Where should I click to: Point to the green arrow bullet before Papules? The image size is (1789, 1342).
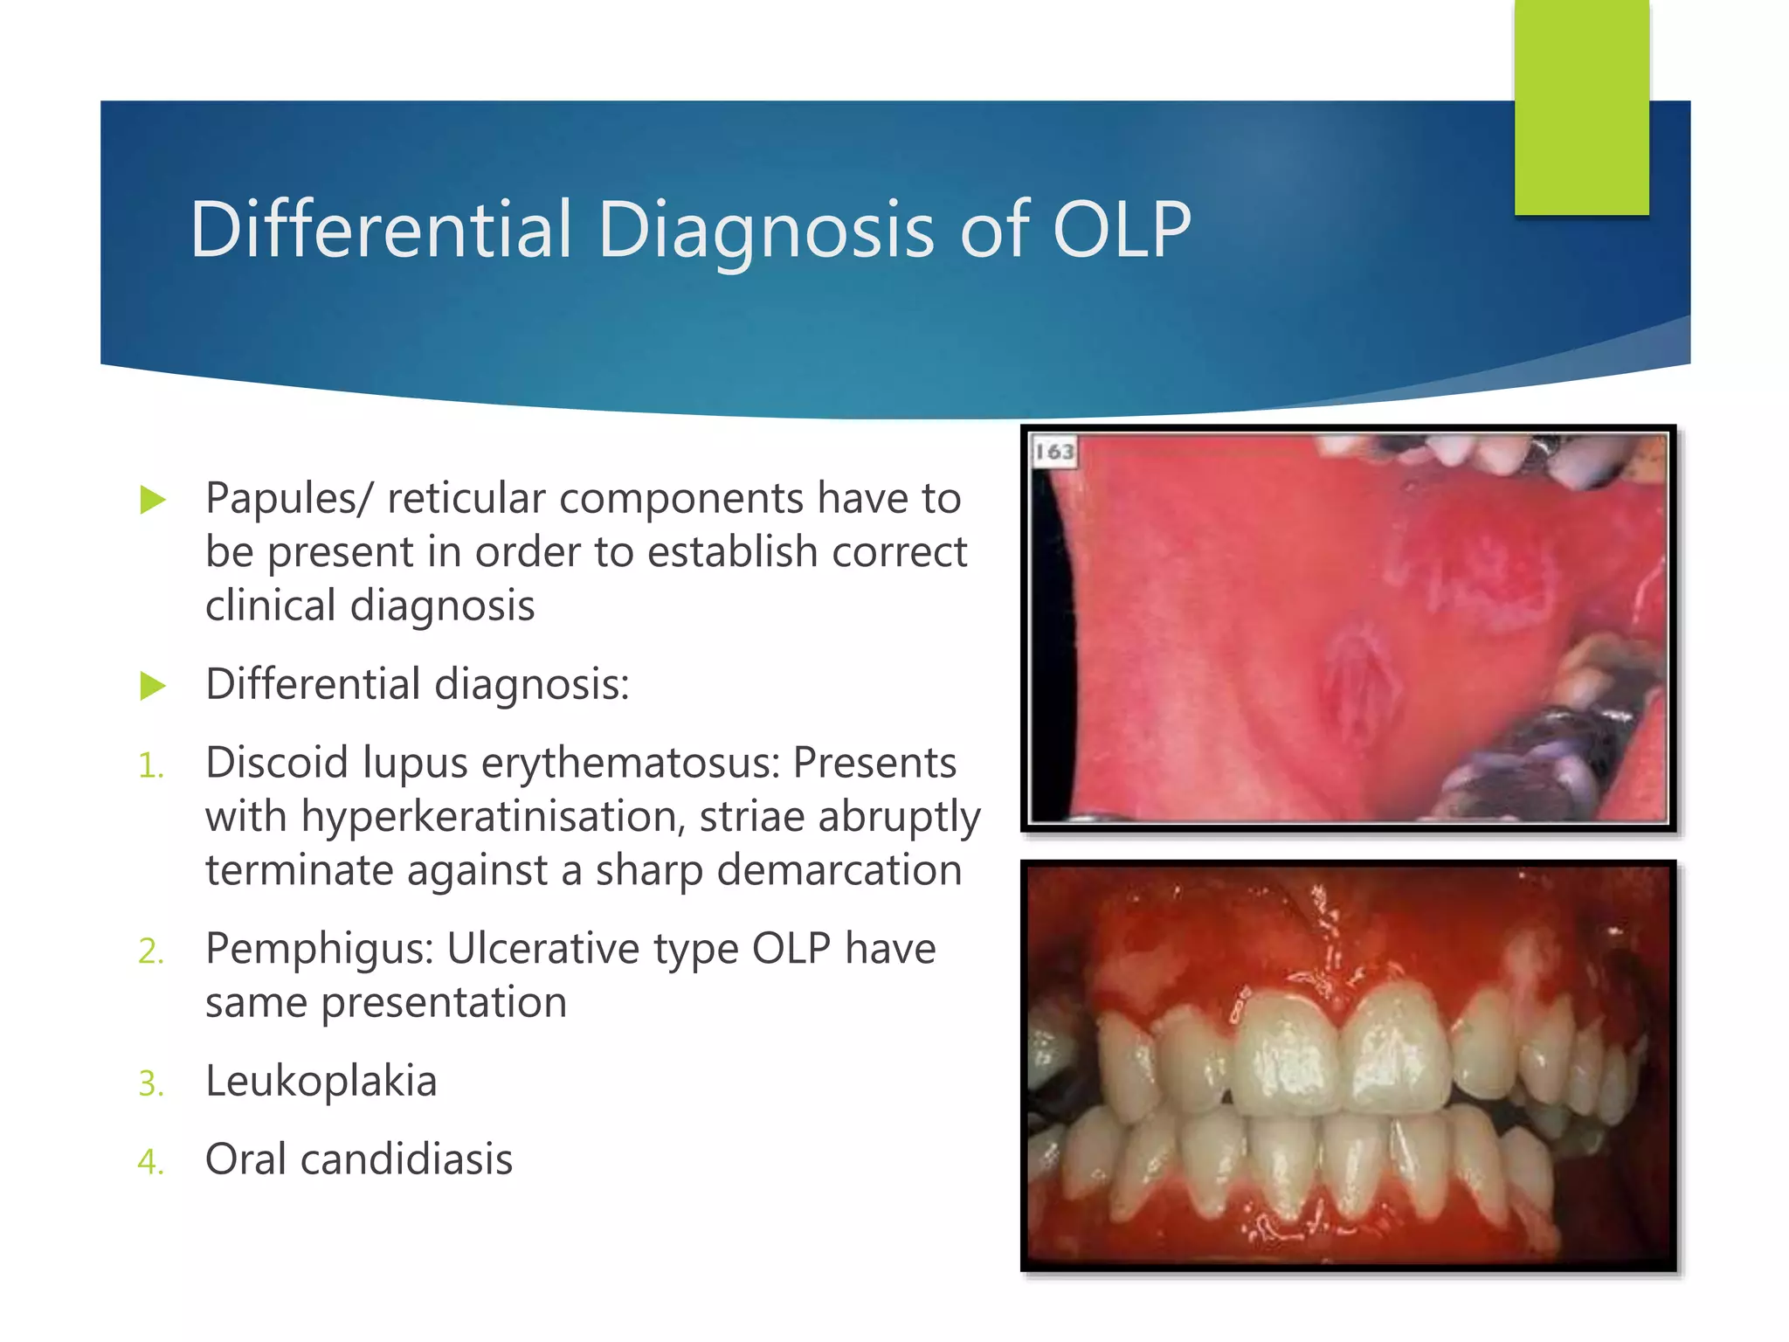(x=153, y=500)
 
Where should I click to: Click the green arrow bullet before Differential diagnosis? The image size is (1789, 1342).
(x=153, y=686)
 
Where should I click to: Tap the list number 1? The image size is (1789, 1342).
(x=150, y=766)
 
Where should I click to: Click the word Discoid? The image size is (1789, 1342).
(x=276, y=763)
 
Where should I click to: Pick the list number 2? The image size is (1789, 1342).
(x=150, y=951)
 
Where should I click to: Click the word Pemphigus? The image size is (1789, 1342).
(x=319, y=950)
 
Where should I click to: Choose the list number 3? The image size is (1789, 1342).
(x=150, y=1084)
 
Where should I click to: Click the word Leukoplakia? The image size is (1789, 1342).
(x=321, y=1082)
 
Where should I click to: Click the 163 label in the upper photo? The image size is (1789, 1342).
(x=1054, y=452)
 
